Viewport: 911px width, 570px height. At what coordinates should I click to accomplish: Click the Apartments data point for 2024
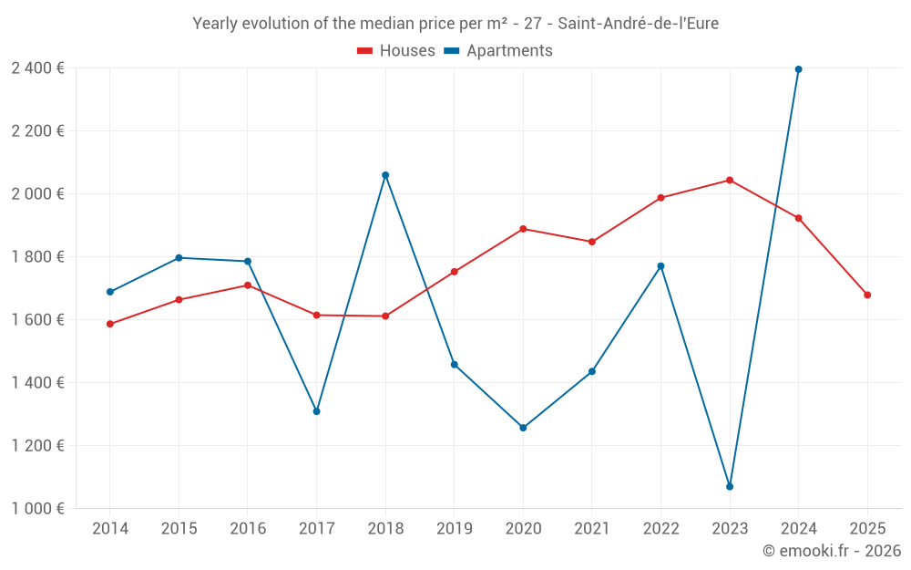click(798, 69)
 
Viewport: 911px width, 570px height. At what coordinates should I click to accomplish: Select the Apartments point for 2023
click(730, 486)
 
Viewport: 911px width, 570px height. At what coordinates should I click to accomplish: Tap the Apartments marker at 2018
click(385, 175)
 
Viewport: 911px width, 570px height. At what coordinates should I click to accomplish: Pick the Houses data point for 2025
click(867, 295)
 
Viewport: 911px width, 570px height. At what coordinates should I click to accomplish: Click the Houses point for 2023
click(730, 180)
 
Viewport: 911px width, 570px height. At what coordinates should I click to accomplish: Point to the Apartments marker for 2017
click(316, 411)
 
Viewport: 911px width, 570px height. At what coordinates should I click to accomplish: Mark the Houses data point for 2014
click(110, 324)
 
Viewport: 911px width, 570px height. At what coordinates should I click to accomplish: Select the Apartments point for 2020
click(523, 428)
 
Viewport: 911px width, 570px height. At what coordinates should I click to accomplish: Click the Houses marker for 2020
click(523, 229)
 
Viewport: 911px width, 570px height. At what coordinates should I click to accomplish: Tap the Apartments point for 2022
click(660, 266)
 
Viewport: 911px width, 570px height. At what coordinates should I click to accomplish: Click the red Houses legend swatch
click(364, 51)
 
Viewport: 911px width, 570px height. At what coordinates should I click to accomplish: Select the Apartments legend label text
click(509, 51)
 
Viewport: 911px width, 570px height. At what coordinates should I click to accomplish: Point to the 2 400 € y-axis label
click(37, 67)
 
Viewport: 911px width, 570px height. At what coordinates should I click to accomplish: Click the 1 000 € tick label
click(37, 508)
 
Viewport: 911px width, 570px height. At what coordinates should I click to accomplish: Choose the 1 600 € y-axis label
click(37, 319)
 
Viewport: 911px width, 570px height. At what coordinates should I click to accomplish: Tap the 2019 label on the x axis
click(454, 528)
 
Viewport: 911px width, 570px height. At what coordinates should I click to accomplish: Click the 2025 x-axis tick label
click(867, 528)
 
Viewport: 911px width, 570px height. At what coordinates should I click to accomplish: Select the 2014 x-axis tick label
click(110, 528)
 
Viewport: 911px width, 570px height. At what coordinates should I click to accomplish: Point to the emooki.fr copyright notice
click(831, 551)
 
